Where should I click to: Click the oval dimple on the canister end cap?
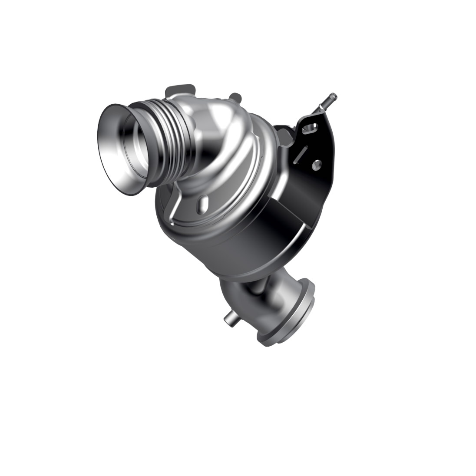(202, 203)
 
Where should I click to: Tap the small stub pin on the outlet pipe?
(229, 320)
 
